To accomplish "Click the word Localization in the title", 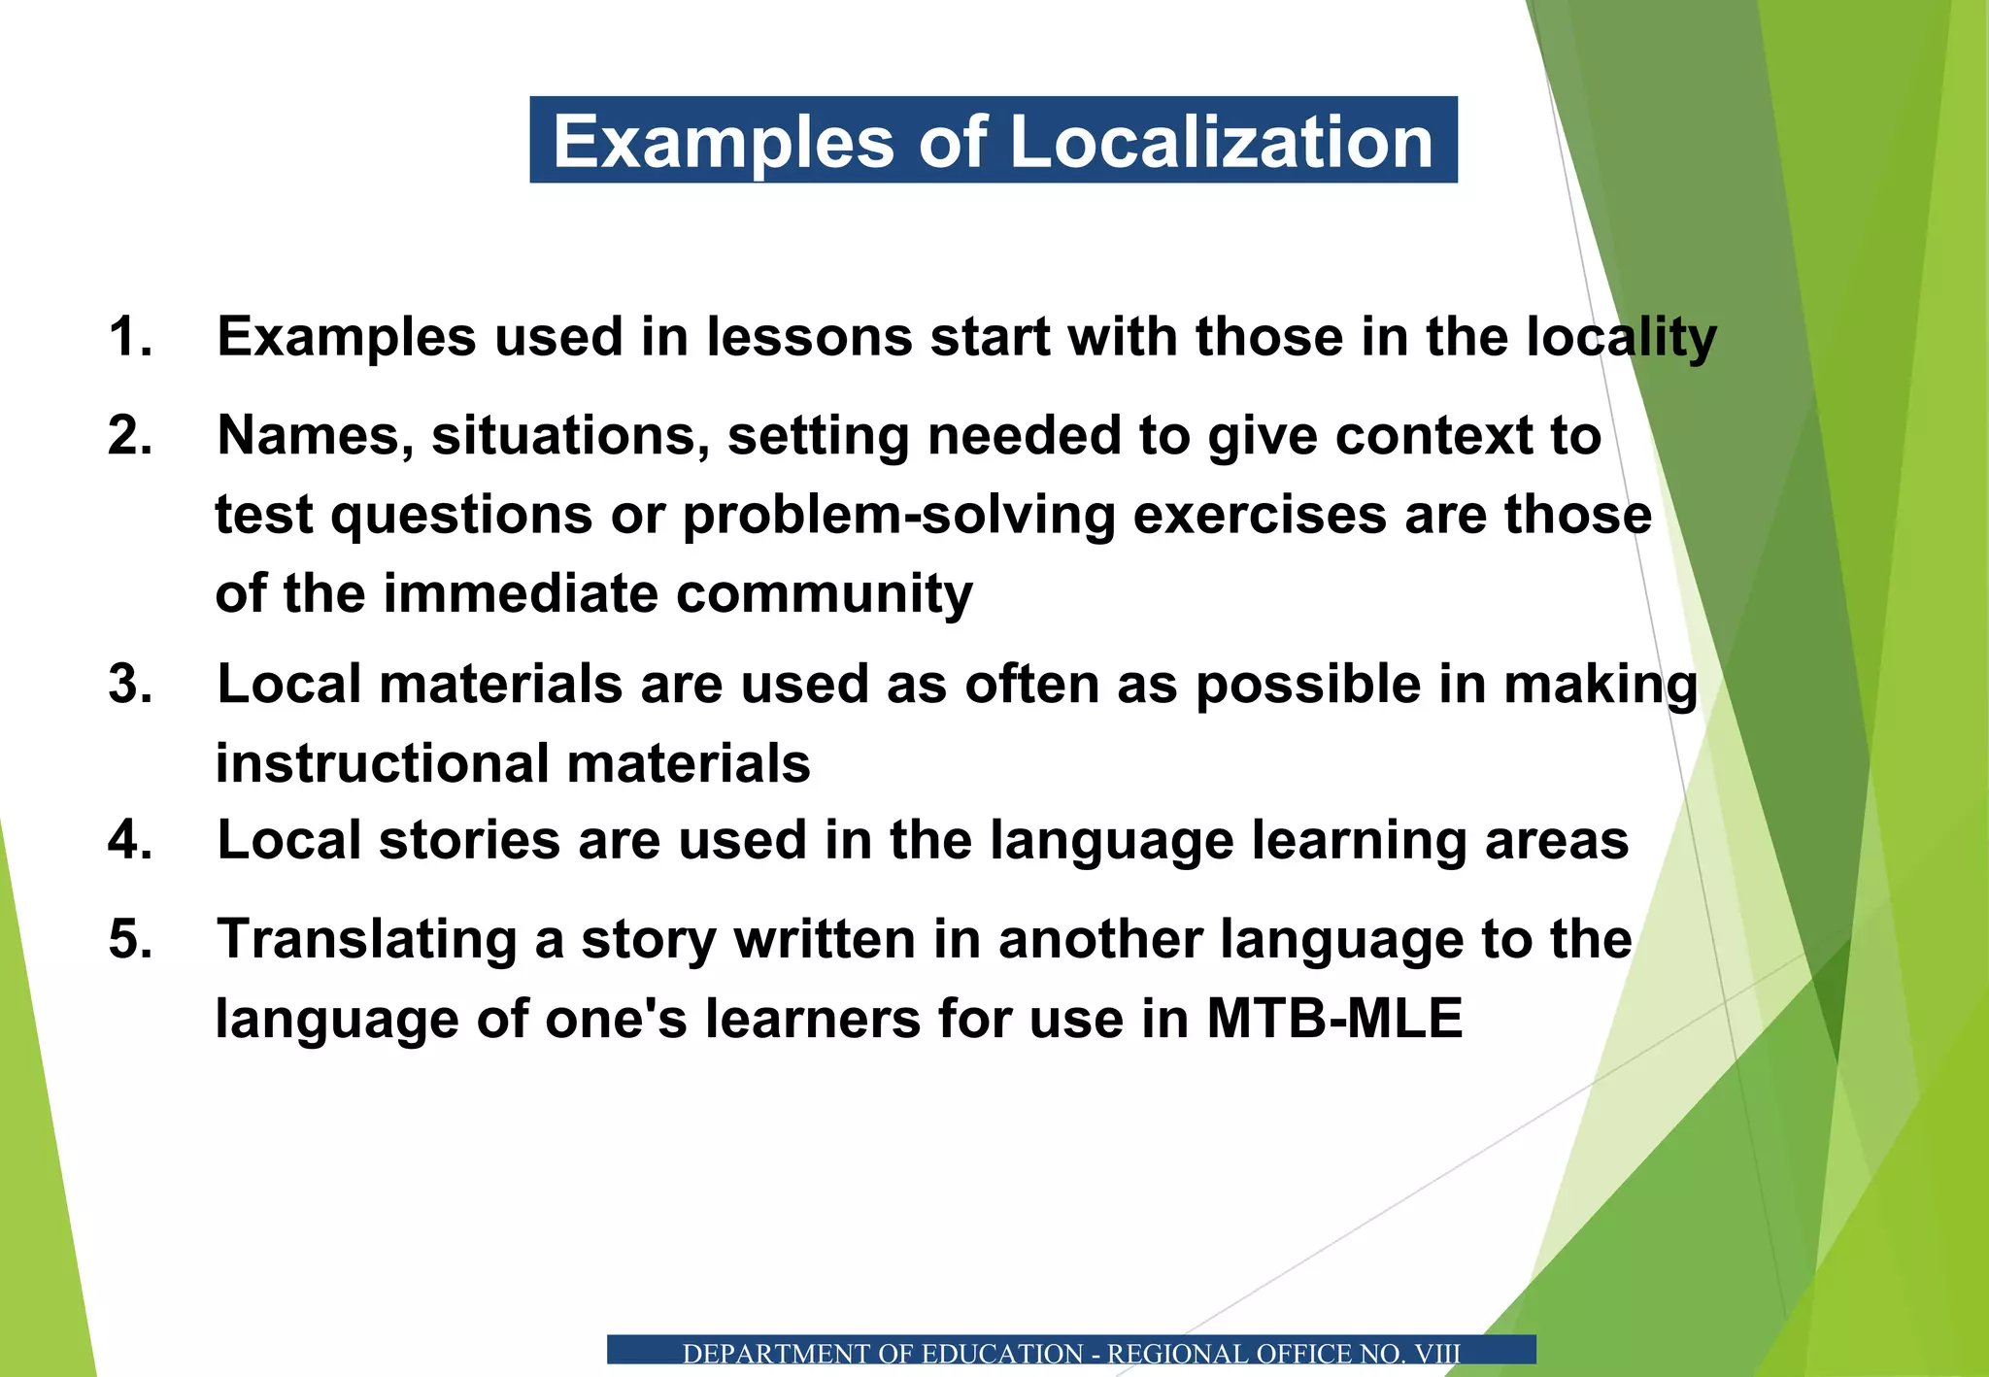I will [x=1221, y=142].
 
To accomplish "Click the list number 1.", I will [x=130, y=337].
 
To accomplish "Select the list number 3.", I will [x=130, y=684].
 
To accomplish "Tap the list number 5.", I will [x=130, y=939].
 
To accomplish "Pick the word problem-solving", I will [x=898, y=516].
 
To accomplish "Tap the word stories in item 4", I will [x=469, y=840].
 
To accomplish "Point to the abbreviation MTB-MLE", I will [x=1334, y=1019].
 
